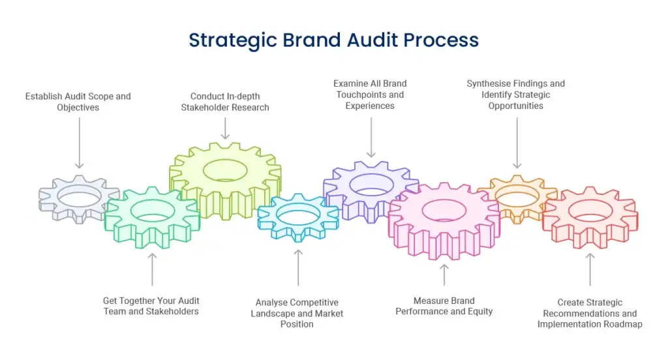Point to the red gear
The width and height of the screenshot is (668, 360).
click(590, 215)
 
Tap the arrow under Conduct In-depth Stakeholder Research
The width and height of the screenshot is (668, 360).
click(225, 127)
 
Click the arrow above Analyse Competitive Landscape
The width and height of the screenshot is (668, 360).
click(298, 267)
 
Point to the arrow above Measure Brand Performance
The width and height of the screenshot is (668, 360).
click(444, 274)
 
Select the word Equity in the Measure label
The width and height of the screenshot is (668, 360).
click(479, 311)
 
